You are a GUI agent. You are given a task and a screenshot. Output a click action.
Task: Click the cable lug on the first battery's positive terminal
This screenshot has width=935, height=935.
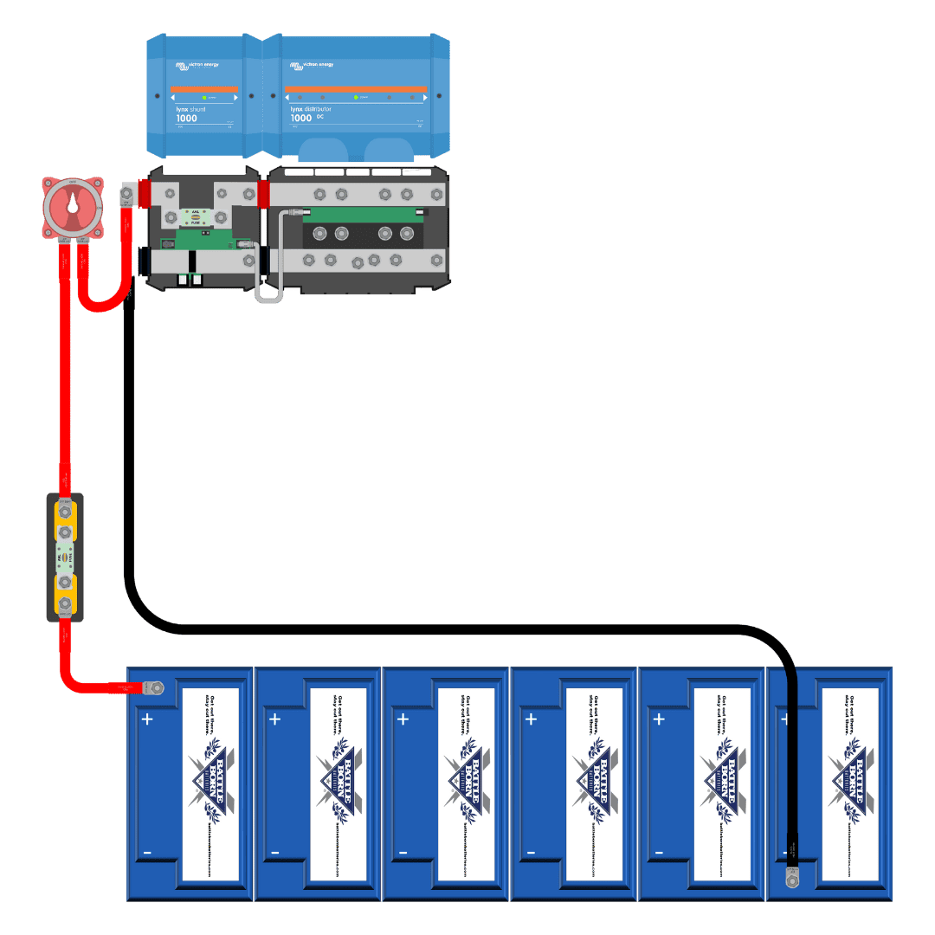tap(153, 688)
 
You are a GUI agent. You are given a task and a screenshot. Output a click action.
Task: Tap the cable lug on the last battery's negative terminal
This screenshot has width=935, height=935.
tap(790, 878)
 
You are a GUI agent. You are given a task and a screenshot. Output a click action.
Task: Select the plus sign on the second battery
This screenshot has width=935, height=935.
tap(274, 719)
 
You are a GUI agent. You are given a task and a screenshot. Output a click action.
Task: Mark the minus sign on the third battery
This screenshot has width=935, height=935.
tap(403, 854)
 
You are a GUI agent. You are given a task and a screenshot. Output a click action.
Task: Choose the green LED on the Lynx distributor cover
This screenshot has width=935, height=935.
tap(356, 97)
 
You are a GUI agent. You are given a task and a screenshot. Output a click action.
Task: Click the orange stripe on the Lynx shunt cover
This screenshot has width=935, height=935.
tap(204, 89)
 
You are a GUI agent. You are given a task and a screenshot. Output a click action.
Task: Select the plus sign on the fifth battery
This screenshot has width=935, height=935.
tap(659, 719)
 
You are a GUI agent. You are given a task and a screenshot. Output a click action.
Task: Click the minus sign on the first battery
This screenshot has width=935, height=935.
tap(147, 854)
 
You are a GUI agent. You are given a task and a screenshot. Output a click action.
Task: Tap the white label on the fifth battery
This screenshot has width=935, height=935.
tap(721, 784)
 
